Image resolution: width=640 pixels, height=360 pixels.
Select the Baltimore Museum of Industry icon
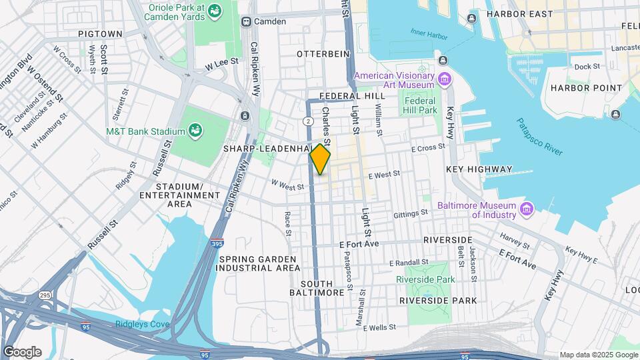click(x=527, y=210)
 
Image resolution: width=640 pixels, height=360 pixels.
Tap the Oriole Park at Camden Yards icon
click(x=215, y=11)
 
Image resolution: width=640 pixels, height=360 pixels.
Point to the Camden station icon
click(x=246, y=21)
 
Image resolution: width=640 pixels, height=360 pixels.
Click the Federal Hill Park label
click(x=421, y=105)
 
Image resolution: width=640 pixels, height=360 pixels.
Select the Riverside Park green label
click(x=425, y=279)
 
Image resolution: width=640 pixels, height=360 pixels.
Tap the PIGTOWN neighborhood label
click(x=100, y=33)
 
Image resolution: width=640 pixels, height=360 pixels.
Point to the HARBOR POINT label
click(x=580, y=88)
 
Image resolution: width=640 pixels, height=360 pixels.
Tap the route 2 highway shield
click(x=308, y=121)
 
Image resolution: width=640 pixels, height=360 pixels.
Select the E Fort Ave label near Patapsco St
click(x=359, y=244)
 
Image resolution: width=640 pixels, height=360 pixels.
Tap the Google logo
click(x=22, y=351)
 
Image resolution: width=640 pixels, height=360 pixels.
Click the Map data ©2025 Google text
click(x=598, y=355)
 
